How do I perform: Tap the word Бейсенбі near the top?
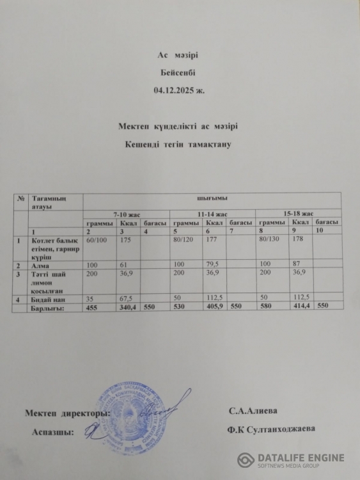[180, 74]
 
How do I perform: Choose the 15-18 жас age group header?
[298, 213]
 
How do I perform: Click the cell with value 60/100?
[97, 239]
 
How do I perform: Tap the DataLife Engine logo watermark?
[291, 460]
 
